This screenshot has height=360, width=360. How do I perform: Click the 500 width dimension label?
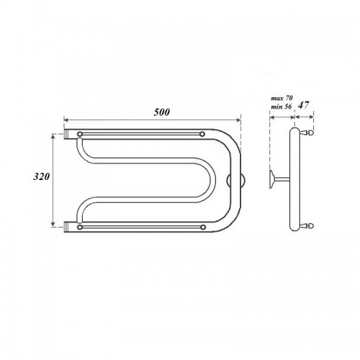point(162,112)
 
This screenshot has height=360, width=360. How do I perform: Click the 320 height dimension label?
point(41,176)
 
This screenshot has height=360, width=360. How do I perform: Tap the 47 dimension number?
point(303,105)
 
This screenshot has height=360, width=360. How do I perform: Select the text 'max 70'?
point(282,98)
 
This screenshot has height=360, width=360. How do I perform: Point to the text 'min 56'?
point(282,107)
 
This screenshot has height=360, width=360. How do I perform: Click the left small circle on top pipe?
point(80,134)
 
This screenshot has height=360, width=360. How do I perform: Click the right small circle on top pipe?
point(202,134)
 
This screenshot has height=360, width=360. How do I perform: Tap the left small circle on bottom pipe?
point(80,227)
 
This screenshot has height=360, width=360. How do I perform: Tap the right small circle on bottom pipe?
point(203,227)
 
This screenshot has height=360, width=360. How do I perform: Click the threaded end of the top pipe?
point(66,134)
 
